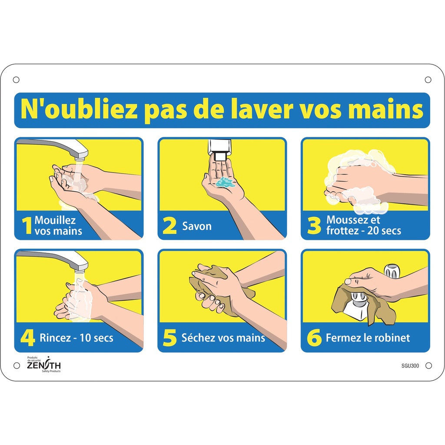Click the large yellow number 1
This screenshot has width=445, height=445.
(27, 226)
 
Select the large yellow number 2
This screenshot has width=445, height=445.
(170, 226)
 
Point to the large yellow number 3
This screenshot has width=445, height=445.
(314, 226)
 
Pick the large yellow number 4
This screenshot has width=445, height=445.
(27, 338)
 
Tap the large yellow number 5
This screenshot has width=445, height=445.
(170, 338)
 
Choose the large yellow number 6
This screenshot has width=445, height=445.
(314, 338)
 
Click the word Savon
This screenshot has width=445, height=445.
(197, 226)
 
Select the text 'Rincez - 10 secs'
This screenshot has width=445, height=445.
(76, 338)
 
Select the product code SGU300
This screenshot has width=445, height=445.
(410, 365)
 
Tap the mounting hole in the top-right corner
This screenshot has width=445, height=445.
(428, 80)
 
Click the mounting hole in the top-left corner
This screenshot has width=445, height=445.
(17, 80)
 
